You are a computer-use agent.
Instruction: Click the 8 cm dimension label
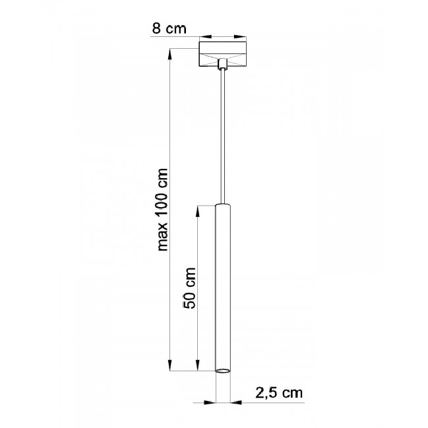[x=169, y=28]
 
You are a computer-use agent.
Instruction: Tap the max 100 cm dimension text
[x=163, y=210]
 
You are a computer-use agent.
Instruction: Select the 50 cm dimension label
[x=190, y=288]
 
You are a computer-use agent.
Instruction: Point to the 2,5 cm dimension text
[x=279, y=393]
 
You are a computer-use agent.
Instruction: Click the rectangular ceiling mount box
[x=223, y=54]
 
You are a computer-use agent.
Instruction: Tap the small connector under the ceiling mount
[x=223, y=65]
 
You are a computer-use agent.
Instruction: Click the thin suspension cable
[x=223, y=137]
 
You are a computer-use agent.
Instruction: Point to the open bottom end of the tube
[x=223, y=371]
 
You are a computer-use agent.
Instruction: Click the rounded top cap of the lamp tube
[x=223, y=205]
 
